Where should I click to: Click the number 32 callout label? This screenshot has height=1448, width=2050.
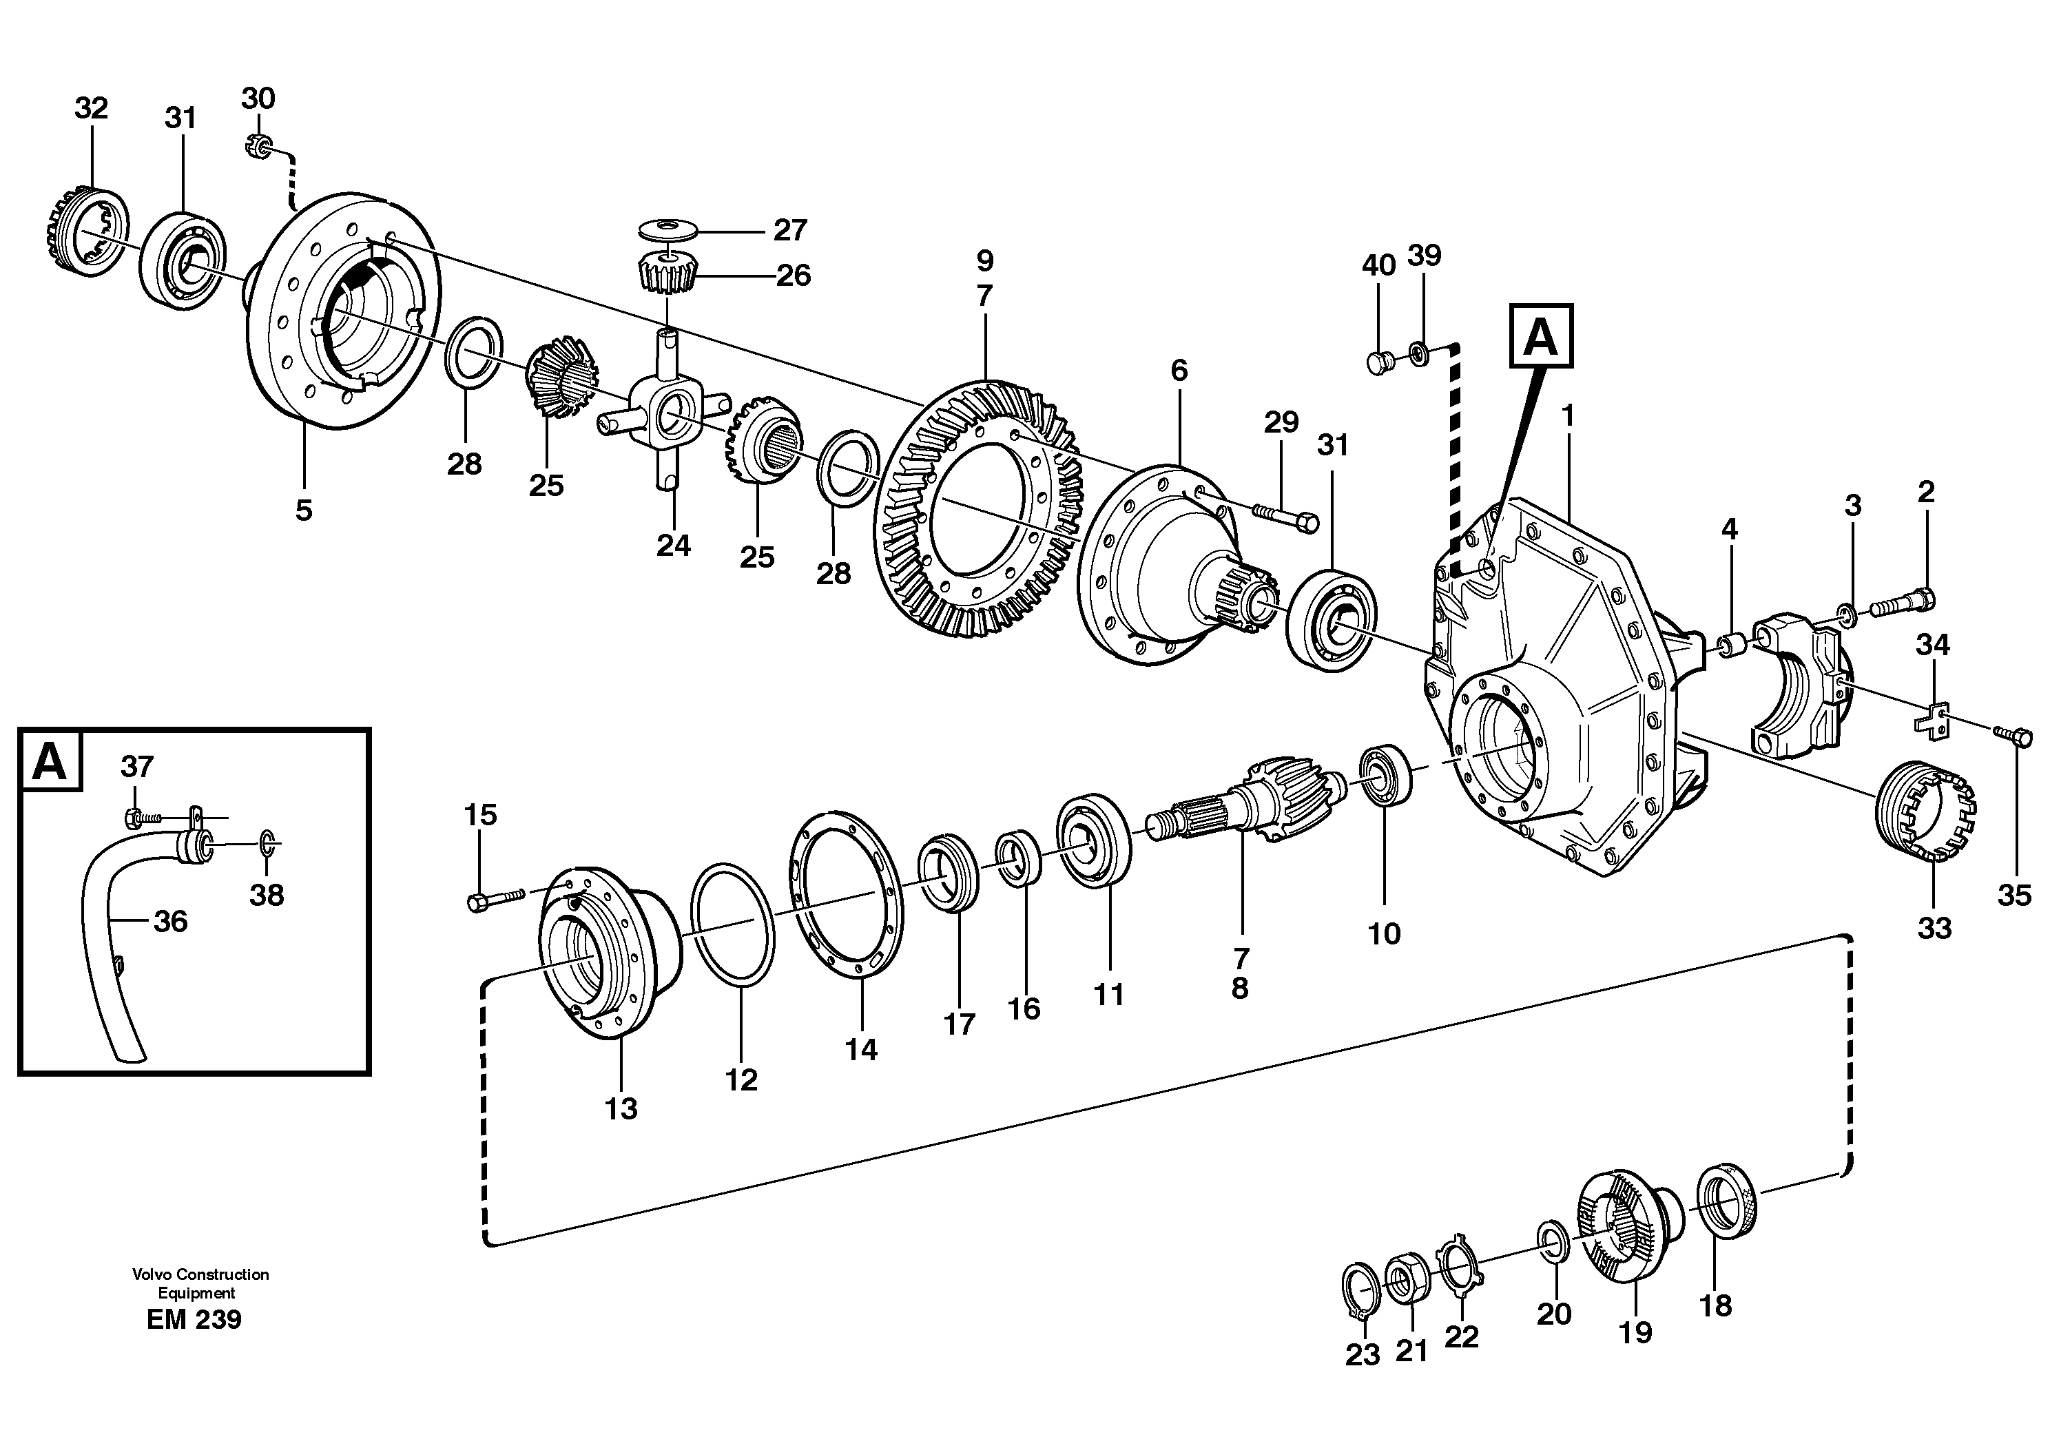tap(91, 108)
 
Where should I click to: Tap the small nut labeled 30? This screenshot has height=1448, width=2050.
tap(257, 145)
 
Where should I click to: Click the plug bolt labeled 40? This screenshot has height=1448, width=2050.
tap(1378, 362)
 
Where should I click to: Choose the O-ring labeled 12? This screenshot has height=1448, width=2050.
tap(732, 925)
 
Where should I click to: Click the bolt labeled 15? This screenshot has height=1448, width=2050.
tap(492, 901)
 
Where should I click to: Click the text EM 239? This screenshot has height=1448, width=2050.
tap(194, 1319)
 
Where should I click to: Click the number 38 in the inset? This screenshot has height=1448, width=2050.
tap(266, 895)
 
